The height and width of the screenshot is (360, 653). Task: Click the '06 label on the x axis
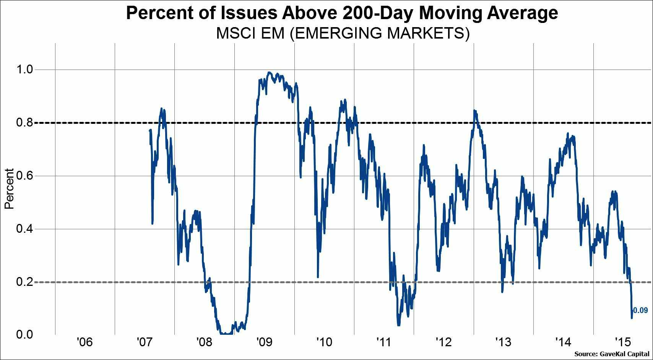coord(85,342)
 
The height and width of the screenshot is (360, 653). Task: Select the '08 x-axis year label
coord(204,342)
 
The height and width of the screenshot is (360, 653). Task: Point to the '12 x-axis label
coord(443,342)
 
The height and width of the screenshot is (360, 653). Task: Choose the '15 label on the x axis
coord(623,341)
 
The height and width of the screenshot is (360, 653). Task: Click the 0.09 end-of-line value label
coord(641,310)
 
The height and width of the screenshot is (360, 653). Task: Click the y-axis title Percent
coord(9,189)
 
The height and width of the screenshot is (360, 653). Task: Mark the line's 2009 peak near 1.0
coord(269,72)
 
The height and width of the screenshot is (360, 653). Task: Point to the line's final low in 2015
coord(631,318)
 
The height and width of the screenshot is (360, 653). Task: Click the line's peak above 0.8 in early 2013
coord(474,110)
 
